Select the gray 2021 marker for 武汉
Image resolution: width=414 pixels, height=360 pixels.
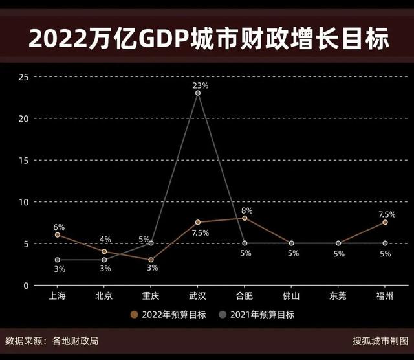pos(198,93)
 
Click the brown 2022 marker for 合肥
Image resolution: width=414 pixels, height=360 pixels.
pos(245,218)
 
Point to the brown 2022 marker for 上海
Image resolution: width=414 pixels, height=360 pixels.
pos(58,235)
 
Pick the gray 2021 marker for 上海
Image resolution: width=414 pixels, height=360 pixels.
pos(58,260)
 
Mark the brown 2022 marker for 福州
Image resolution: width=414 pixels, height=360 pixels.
pos(385,222)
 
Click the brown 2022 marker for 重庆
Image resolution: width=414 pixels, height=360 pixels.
pos(151,260)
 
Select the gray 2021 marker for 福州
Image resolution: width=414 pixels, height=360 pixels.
pos(385,243)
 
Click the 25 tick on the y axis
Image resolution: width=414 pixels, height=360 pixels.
pos(24,77)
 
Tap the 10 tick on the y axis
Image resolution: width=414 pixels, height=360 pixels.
pos(24,202)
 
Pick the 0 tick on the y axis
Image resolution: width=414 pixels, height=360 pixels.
pos(27,286)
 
